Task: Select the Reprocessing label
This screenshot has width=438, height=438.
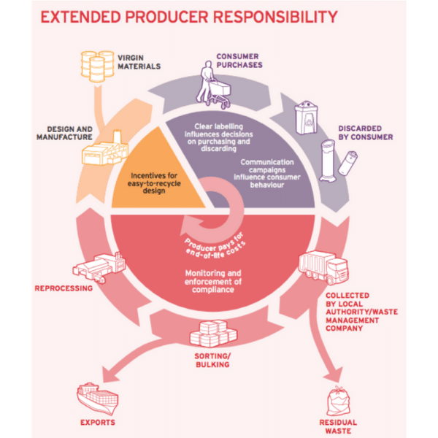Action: (64, 288)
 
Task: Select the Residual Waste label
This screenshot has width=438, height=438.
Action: (337, 426)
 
